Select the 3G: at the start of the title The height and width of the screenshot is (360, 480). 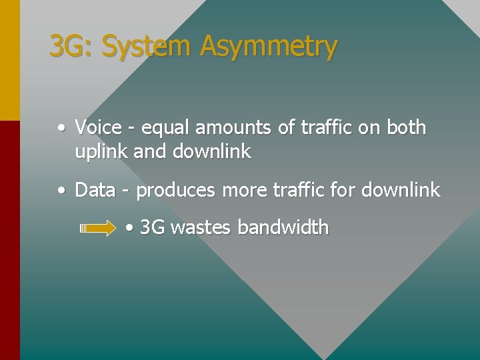73,47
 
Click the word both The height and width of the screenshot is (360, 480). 406,127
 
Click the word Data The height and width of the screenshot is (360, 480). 95,190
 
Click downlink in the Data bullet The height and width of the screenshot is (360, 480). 401,190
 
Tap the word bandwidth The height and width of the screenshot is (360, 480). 283,227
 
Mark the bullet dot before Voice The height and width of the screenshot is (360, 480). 61,127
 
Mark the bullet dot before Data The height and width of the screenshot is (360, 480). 61,191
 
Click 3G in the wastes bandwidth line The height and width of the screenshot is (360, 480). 153,227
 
